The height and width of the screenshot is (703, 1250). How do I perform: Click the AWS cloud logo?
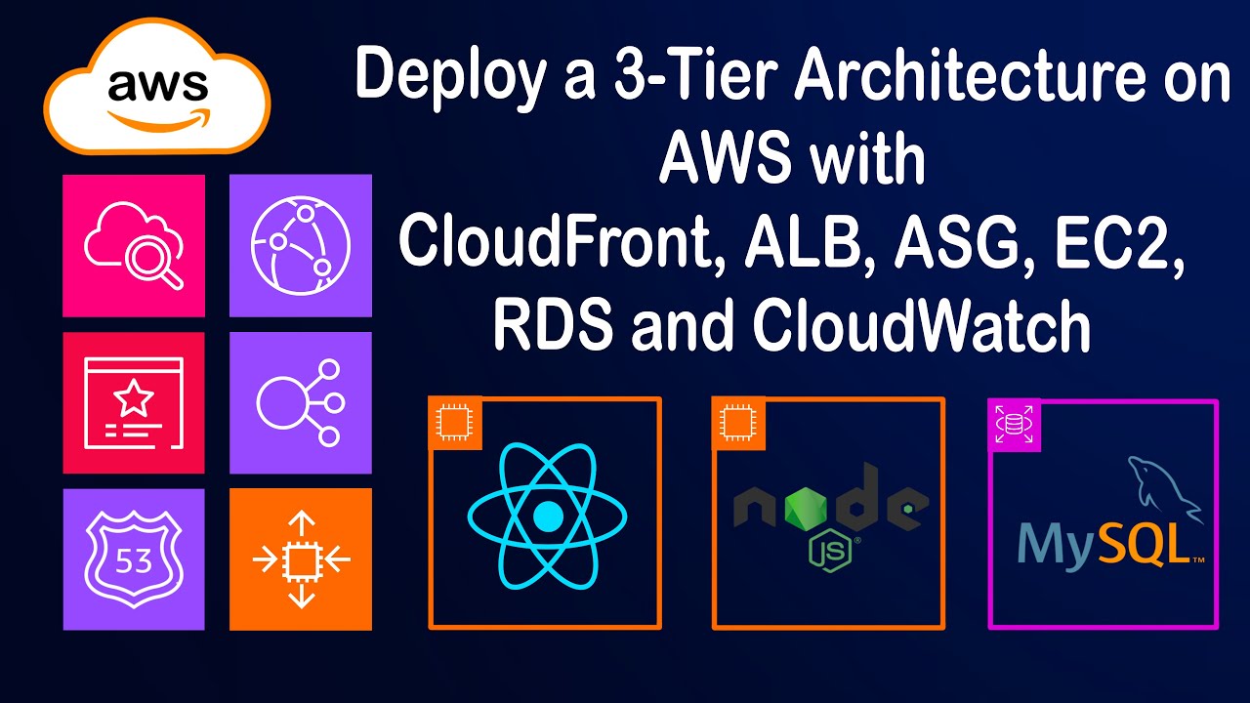[156, 94]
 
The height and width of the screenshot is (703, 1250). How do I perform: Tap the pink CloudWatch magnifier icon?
[134, 245]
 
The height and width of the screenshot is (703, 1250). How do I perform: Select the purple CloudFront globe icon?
[301, 245]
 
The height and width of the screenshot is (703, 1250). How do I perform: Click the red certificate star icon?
[134, 402]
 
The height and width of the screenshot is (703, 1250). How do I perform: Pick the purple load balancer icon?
[301, 402]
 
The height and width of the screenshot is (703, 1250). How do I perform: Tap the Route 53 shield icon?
[134, 559]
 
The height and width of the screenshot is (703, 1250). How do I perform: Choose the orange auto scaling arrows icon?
[301, 559]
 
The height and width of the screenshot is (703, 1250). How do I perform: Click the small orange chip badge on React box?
[452, 421]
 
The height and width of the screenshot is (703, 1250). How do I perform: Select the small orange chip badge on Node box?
[735, 421]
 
